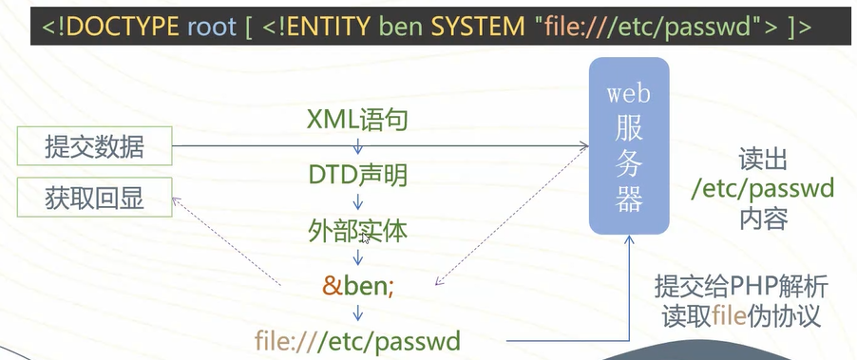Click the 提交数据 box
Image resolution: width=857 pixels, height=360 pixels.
coord(94,146)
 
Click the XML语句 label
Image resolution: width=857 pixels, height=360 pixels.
coord(358,120)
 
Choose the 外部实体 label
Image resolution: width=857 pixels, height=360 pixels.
coord(358,229)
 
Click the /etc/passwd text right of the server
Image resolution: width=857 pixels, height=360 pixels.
coord(763,187)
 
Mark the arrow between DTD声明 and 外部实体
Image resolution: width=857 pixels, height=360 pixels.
coord(358,201)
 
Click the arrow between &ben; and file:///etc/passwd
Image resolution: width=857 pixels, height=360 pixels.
coord(358,312)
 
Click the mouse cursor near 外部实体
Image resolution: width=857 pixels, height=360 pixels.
coord(364,237)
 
